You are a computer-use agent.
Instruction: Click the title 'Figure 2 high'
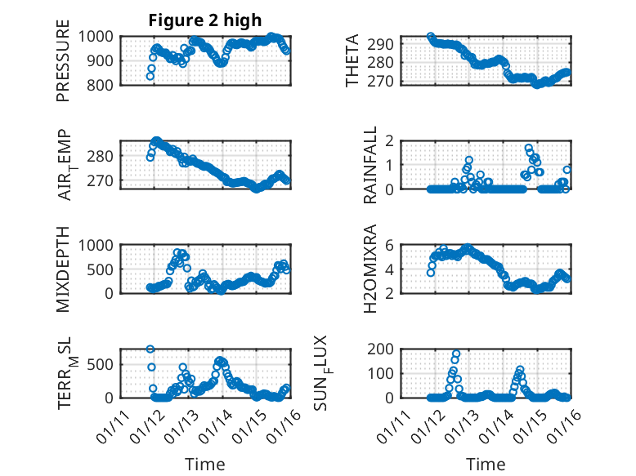tap(205, 20)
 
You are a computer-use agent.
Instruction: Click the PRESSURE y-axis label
tap(63, 60)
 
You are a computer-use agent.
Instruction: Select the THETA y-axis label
tap(352, 60)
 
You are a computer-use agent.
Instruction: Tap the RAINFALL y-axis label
tap(370, 165)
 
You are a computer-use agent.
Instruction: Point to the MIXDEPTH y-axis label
tap(63, 269)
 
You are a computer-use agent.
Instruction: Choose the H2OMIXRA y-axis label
tap(370, 269)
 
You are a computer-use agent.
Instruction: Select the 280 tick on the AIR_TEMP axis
tap(104, 155)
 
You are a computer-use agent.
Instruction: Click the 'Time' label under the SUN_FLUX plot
tap(486, 465)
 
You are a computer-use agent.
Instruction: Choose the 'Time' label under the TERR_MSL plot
tap(205, 465)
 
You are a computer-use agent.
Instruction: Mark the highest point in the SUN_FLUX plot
tap(456, 354)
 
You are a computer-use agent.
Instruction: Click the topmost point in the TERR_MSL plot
tap(150, 349)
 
